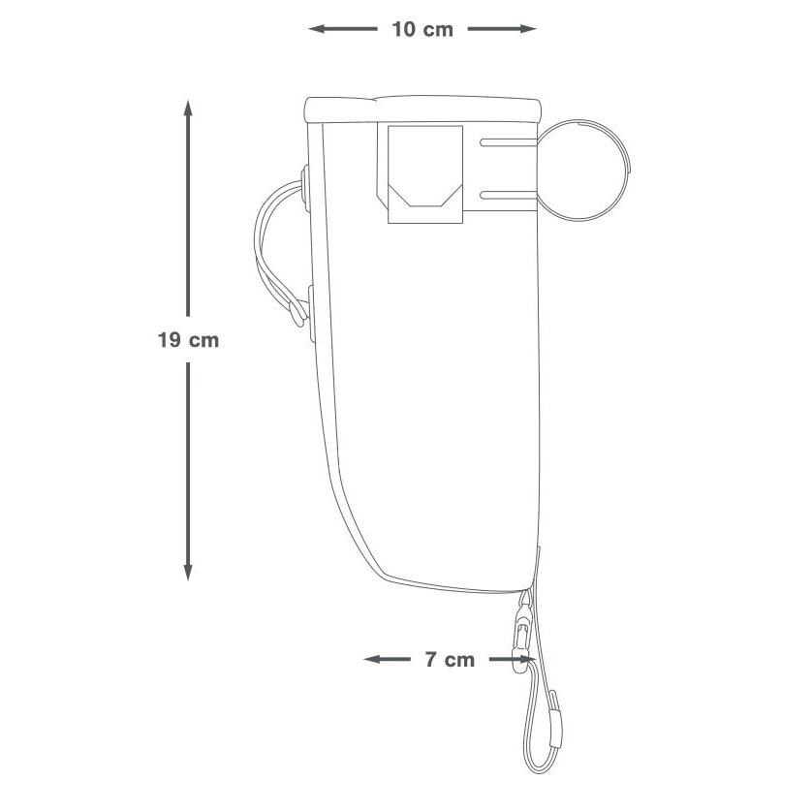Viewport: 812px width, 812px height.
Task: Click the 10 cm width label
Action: (422, 29)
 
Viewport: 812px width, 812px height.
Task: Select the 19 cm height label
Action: (189, 340)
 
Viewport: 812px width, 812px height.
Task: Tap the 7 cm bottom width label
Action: (450, 660)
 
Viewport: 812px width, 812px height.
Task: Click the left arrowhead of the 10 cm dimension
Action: (317, 29)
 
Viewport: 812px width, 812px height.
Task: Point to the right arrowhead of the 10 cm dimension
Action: (528, 29)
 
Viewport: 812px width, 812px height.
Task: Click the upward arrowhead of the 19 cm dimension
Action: (188, 108)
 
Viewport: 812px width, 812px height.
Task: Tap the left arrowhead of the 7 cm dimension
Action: (372, 659)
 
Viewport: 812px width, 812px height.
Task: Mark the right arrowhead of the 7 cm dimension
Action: (528, 659)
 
